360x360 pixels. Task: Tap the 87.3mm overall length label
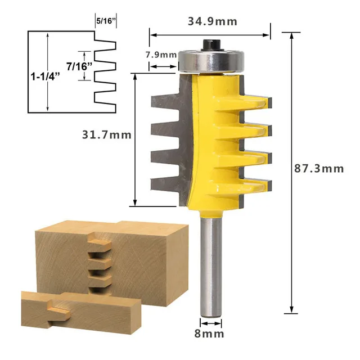pyautogui.click(x=319, y=168)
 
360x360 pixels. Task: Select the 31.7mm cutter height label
pyautogui.click(x=107, y=135)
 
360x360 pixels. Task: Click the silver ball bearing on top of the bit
pyautogui.click(x=211, y=60)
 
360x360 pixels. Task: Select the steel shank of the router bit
pyautogui.click(x=211, y=264)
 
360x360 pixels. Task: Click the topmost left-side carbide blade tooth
pyautogui.click(x=163, y=102)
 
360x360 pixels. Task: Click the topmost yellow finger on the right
pyautogui.click(x=256, y=101)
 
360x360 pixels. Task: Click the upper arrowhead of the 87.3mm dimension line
pyautogui.click(x=291, y=35)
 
